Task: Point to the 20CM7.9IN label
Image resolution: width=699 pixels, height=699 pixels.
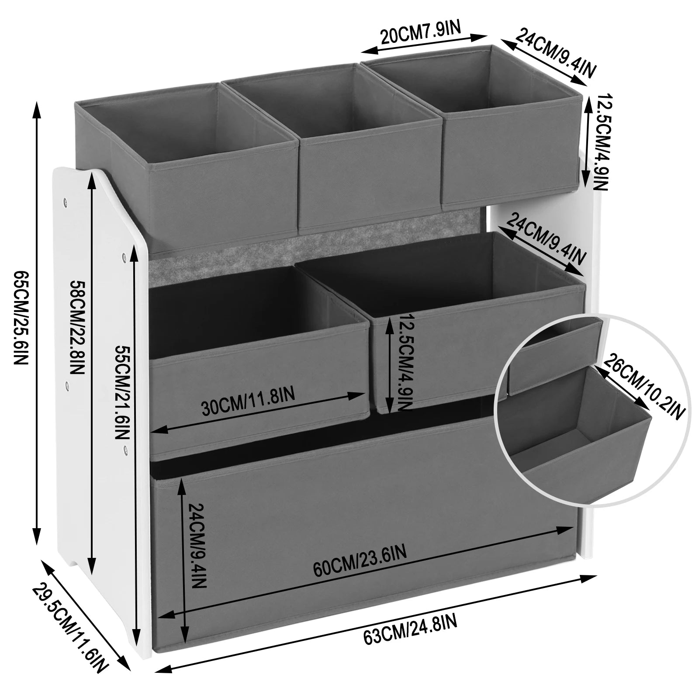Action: (420, 34)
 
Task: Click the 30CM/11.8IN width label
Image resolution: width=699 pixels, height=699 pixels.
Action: (248, 402)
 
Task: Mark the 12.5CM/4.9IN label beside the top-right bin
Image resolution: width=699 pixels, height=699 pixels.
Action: (599, 142)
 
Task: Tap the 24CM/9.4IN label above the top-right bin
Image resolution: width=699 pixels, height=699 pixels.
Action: (555, 52)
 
